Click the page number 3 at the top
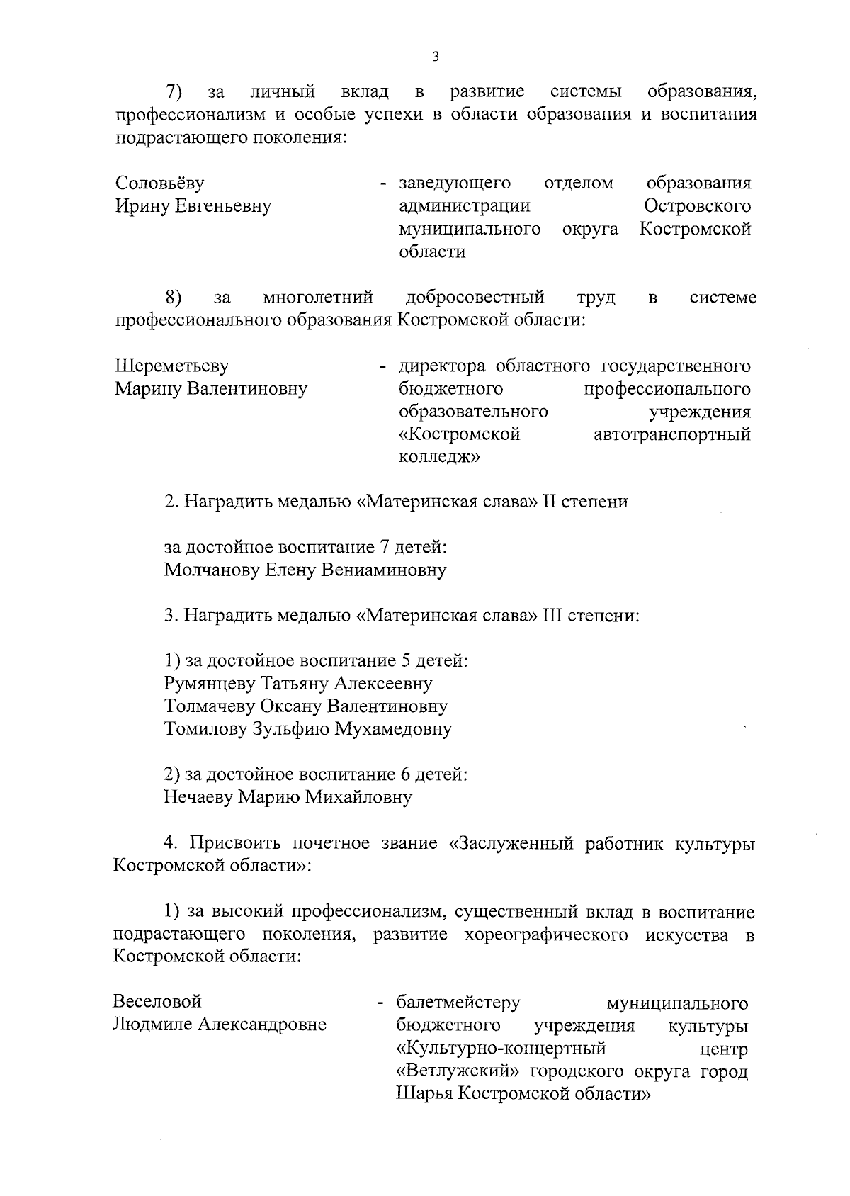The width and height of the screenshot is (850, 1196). click(x=435, y=57)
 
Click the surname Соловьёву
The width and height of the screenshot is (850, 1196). click(x=159, y=184)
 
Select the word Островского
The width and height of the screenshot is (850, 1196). click(x=697, y=206)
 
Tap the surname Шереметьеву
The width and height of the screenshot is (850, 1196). click(x=171, y=366)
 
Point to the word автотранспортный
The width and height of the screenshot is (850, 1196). click(x=671, y=434)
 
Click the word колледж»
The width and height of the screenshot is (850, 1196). click(x=439, y=457)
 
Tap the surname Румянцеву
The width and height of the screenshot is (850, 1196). click(x=210, y=684)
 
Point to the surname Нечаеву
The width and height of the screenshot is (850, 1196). click(x=198, y=798)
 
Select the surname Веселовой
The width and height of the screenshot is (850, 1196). click(x=157, y=1001)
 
